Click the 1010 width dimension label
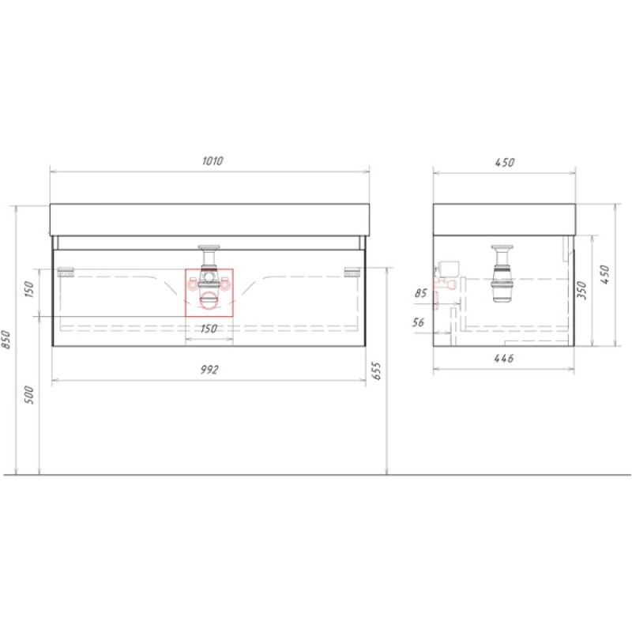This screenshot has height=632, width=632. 213,161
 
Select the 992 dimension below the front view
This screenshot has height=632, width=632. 209,370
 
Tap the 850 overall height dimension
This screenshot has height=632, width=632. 6,340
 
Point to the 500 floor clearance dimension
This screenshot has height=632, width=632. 29,395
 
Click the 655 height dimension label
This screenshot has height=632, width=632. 376,371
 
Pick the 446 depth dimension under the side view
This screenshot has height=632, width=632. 504,358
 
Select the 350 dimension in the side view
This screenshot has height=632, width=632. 581,290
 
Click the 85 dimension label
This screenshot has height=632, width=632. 421,293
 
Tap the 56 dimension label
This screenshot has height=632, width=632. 419,322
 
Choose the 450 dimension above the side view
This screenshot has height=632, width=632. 505,163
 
